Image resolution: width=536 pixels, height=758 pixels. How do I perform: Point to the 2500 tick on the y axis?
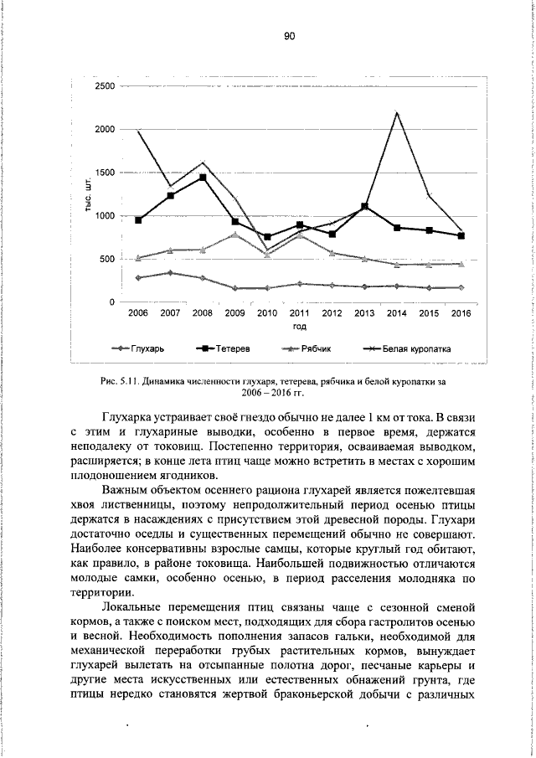coord(105,86)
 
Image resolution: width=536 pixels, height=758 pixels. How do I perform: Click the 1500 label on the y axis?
coord(105,173)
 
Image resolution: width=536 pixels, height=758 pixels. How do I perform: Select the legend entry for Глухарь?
coord(142,347)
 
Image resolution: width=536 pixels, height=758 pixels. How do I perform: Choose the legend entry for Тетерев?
coord(226,347)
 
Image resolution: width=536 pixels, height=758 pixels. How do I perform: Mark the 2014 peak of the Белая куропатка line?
coord(396,113)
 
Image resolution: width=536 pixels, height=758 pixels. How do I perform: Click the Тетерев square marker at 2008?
coord(203,178)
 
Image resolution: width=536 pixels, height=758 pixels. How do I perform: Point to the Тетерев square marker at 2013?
coord(364,206)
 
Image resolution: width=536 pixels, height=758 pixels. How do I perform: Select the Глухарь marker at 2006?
coord(137,277)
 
